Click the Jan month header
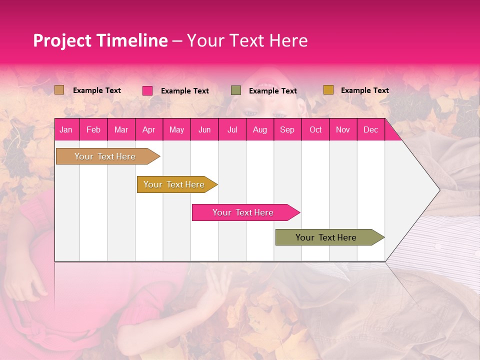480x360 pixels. (66, 129)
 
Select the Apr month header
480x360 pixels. (148, 129)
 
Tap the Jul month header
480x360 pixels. (232, 129)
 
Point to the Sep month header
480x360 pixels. (287, 129)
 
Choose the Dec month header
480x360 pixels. (370, 129)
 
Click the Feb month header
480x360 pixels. (93, 129)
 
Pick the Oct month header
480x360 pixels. (315, 129)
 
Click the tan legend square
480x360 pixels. (59, 90)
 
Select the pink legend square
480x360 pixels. (147, 90)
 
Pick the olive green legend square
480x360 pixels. (236, 90)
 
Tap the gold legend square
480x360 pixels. (328, 90)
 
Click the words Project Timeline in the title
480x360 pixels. (100, 40)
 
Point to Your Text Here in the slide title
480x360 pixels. (247, 40)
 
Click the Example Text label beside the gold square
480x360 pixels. (364, 90)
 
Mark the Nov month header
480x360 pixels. (343, 129)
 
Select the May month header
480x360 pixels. (176, 129)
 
